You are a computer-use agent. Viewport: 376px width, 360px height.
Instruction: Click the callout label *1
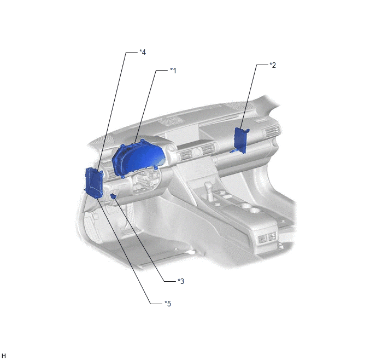pyautogui.click(x=173, y=71)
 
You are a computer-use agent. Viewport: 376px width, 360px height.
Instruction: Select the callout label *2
pyautogui.click(x=273, y=65)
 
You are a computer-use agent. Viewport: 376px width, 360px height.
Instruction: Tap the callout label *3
pyautogui.click(x=181, y=281)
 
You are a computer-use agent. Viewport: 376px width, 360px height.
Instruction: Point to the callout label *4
pyautogui.click(x=143, y=52)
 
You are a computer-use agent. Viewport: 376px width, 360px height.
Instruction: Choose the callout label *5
pyautogui.click(x=168, y=304)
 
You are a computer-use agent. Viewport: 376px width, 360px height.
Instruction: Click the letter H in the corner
pyautogui.click(x=3, y=356)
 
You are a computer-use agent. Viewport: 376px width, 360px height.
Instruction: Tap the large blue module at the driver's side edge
pyautogui.click(x=94, y=183)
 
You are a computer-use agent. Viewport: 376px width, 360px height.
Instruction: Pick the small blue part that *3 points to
pyautogui.click(x=114, y=196)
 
